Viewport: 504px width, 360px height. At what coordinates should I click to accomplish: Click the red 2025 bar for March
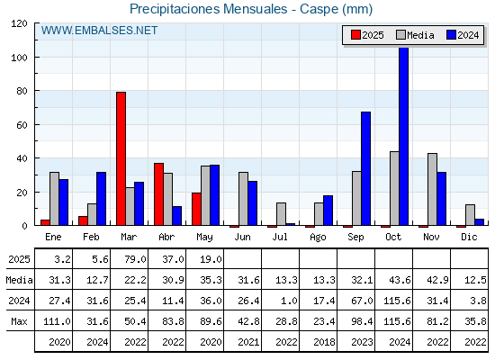(121, 158)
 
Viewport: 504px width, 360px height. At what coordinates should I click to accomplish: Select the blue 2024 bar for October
(404, 136)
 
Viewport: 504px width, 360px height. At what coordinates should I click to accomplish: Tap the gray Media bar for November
(432, 189)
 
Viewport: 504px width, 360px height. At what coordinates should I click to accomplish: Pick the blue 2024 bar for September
(365, 168)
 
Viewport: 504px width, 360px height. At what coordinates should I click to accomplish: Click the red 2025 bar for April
(158, 194)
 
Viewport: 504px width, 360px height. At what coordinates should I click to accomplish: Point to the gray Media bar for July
(281, 214)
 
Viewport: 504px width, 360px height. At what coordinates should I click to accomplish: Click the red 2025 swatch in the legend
(355, 35)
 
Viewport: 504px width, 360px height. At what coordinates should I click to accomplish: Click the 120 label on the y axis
(19, 23)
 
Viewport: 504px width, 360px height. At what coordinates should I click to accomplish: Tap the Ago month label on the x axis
(318, 238)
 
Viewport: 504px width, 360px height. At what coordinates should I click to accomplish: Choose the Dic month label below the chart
(469, 237)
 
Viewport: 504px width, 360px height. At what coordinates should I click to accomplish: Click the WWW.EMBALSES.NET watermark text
(99, 31)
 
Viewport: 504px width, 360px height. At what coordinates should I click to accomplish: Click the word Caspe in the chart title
(319, 9)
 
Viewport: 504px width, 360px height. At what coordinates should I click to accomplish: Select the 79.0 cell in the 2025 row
(135, 259)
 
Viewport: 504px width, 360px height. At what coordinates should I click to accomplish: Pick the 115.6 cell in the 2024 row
(397, 301)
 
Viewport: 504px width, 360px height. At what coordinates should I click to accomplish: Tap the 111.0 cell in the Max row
(57, 321)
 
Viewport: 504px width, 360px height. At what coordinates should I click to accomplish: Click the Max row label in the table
(19, 321)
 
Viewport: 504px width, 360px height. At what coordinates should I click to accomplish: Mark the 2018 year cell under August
(324, 342)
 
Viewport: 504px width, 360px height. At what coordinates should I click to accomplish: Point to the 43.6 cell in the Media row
(400, 280)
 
